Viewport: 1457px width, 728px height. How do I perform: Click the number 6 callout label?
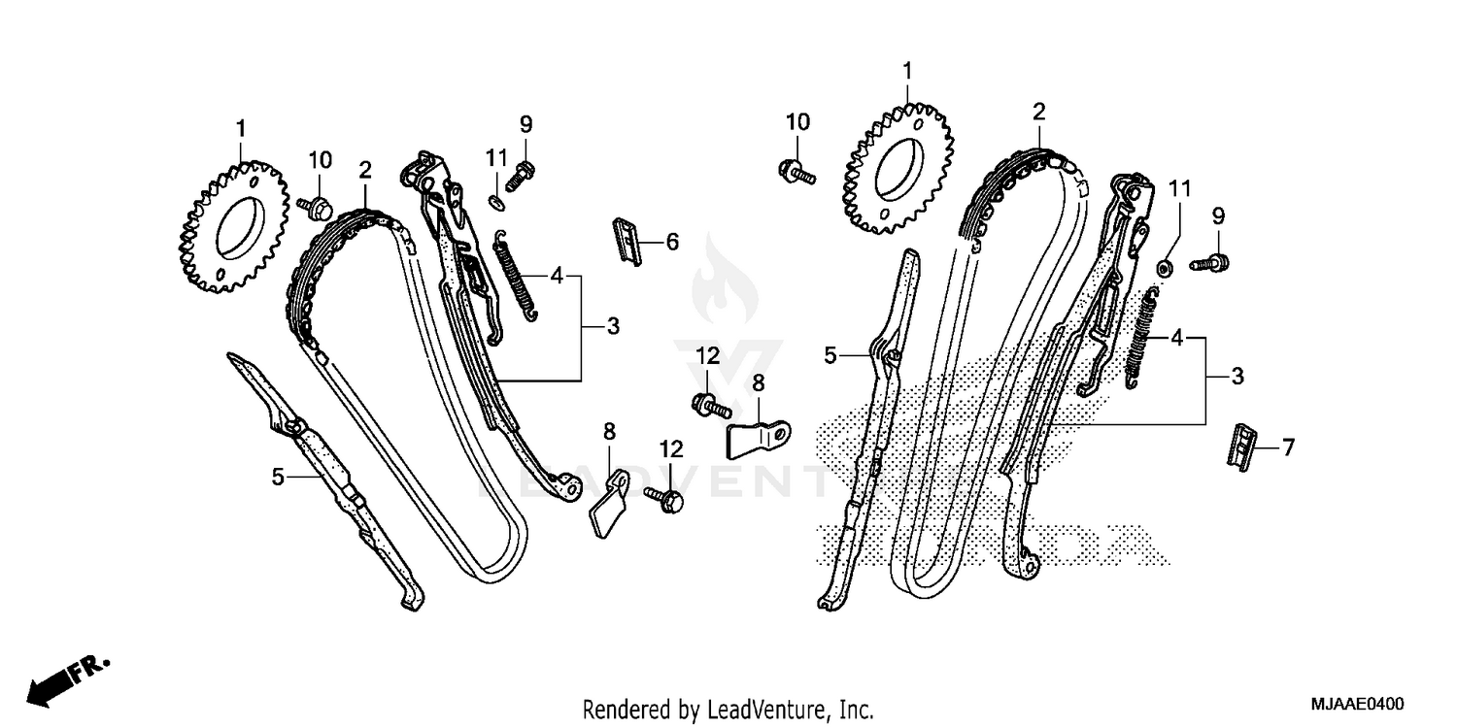(672, 243)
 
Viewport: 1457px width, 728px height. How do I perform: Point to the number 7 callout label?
(1288, 447)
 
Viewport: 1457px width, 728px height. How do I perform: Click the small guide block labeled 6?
(627, 241)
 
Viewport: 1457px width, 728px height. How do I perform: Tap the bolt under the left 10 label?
(317, 207)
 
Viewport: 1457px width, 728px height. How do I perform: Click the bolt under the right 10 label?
(796, 171)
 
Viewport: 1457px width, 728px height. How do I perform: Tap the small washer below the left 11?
(495, 201)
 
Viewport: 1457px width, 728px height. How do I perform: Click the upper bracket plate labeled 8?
(760, 438)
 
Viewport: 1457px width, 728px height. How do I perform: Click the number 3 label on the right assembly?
(1237, 376)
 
